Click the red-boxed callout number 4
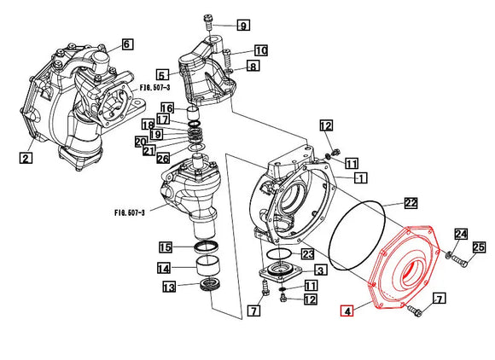tap(347, 311)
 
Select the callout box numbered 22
tap(411, 203)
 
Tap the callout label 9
tap(243, 25)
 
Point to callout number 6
tap(126, 44)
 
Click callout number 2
tap(26, 158)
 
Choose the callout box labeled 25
tap(479, 247)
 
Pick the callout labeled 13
tap(169, 287)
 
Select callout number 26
tap(163, 158)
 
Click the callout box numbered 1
tap(361, 178)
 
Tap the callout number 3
tap(320, 270)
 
